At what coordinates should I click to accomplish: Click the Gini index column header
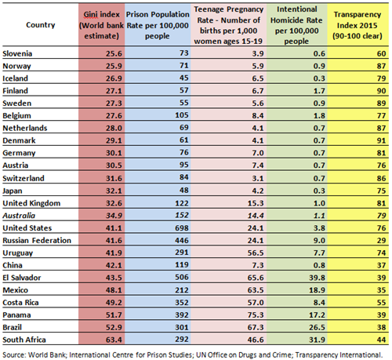tap(101, 25)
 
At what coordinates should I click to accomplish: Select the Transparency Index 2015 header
tap(358, 25)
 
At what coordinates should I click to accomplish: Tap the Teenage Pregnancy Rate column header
tap(228, 25)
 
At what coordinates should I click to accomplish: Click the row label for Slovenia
tap(17, 53)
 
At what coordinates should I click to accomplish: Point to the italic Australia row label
tap(19, 216)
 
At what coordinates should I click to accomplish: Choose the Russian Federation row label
tap(37, 240)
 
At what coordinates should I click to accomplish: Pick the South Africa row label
tap(24, 340)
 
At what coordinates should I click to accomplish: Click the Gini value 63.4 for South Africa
tap(114, 340)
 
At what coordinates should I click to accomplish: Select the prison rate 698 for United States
tap(182, 228)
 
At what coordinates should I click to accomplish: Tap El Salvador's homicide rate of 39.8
tap(317, 278)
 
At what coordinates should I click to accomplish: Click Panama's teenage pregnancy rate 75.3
tap(256, 315)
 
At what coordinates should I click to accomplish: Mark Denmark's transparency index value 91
tap(381, 140)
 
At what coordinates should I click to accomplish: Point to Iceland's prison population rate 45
tap(184, 78)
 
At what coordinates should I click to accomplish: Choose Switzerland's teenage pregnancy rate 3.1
tap(258, 178)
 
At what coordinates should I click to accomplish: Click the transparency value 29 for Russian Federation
tap(381, 241)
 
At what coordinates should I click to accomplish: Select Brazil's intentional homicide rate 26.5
tap(317, 327)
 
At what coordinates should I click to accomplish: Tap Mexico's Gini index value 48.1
tap(114, 290)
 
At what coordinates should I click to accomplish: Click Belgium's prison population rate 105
tap(182, 115)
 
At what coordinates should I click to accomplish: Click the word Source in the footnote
tap(14, 355)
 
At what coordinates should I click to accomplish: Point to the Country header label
tap(41, 25)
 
